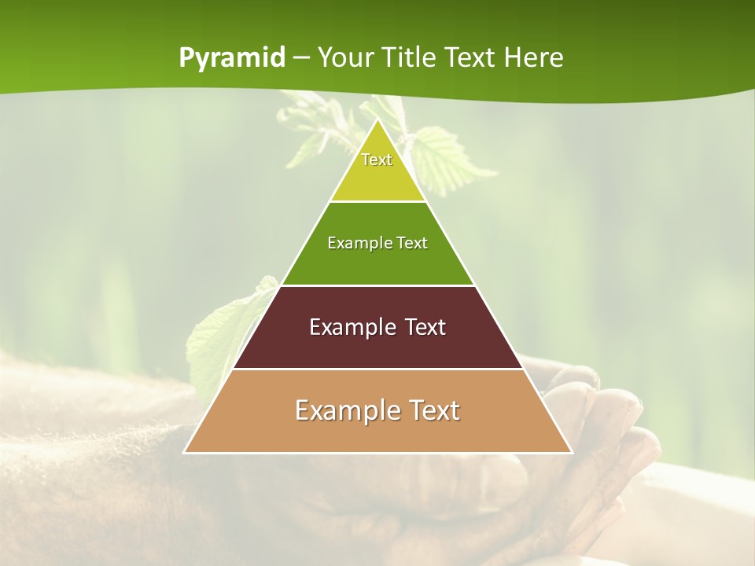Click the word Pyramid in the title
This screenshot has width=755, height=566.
[231, 58]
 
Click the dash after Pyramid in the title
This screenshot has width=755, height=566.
[300, 58]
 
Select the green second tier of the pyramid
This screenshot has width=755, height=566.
[377, 263]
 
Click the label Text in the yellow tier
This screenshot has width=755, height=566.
[377, 160]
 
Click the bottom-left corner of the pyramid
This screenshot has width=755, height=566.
[186, 452]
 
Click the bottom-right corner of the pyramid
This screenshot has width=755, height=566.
[571, 452]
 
